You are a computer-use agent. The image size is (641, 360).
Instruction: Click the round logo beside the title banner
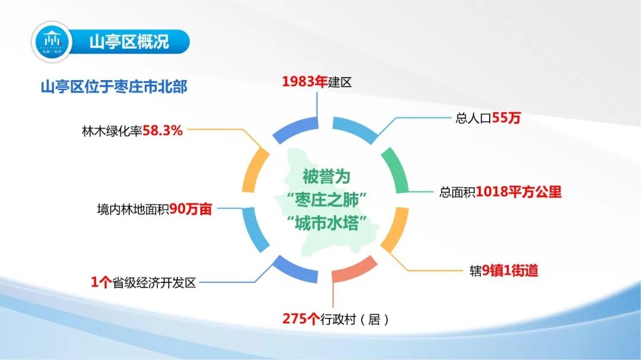pos(52,42)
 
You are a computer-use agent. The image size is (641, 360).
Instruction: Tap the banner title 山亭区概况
pos(129,42)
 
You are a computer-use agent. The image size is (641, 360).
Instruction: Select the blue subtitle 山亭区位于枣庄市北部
pos(114,87)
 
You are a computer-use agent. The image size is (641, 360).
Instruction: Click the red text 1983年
pos(304,82)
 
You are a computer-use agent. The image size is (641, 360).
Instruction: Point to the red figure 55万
pos(506,118)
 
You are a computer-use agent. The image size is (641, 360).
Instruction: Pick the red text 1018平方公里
pos(518,192)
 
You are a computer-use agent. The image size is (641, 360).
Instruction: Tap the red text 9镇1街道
pos(510,270)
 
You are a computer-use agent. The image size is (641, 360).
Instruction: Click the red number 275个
pos(301,318)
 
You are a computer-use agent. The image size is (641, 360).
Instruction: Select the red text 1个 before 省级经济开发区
pos(101,282)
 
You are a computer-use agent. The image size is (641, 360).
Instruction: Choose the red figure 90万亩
pos(191,209)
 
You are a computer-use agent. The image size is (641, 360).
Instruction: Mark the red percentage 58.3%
pos(163,130)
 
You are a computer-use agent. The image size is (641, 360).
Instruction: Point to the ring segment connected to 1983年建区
pos(294,128)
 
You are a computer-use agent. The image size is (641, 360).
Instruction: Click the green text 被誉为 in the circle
pos(326,177)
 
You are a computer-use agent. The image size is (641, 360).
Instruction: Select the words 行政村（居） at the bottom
pos(354,318)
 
